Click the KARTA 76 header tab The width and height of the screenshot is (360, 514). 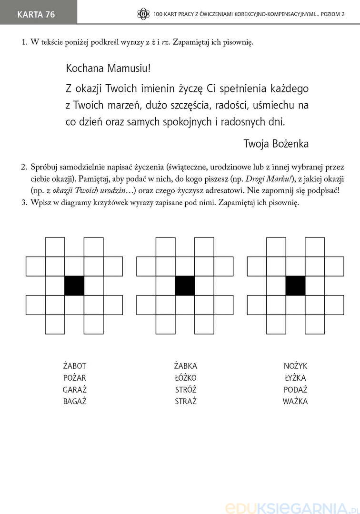36,14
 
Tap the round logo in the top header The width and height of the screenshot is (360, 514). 143,14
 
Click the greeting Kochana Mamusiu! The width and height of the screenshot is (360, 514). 109,68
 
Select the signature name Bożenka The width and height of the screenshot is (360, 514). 290,143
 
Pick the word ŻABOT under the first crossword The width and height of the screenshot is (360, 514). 75,366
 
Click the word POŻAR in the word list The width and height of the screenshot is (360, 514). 75,378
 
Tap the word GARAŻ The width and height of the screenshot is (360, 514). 75,389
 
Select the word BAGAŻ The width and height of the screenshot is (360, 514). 75,401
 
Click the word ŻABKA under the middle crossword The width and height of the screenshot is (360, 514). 186,366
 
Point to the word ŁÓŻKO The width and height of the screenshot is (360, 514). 186,378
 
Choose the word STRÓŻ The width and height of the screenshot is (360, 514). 186,389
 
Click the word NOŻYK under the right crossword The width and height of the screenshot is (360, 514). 296,366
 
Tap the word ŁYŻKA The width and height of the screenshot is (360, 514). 296,378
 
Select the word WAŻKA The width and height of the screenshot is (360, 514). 296,401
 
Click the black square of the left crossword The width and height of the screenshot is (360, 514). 74,286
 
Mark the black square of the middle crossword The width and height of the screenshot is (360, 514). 185,286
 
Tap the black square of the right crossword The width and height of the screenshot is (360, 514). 295,286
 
